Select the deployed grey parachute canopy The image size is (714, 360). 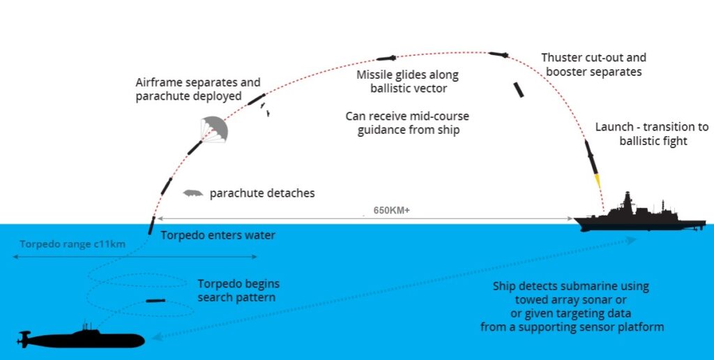(214, 129)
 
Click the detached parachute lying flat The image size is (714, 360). (193, 193)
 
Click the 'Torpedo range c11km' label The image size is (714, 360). (73, 244)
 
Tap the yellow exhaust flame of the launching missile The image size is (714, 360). (598, 181)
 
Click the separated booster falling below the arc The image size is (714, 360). (518, 90)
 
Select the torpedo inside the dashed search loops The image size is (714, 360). (155, 301)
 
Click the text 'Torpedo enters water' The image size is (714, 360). (218, 236)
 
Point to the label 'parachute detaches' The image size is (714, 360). (262, 193)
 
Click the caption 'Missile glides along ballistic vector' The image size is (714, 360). (407, 82)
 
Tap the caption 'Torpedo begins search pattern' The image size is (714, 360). (238, 291)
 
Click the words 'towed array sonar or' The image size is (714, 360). (571, 300)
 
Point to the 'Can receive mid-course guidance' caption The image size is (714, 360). (407, 123)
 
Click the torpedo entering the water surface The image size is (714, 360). (151, 225)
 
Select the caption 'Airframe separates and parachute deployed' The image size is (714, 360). (198, 90)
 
